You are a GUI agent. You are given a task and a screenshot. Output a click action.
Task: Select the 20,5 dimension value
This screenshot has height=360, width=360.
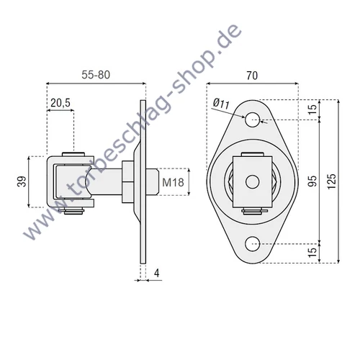pyautogui.click(x=60, y=103)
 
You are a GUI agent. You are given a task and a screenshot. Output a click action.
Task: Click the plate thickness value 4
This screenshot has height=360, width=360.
pyautogui.click(x=156, y=274)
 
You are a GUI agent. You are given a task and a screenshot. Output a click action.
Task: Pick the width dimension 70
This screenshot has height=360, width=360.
pyautogui.click(x=251, y=73)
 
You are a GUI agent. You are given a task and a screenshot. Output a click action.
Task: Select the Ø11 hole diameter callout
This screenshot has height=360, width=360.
pyautogui.click(x=222, y=105)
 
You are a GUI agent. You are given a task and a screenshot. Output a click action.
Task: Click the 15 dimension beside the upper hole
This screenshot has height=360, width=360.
pyautogui.click(x=312, y=109)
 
